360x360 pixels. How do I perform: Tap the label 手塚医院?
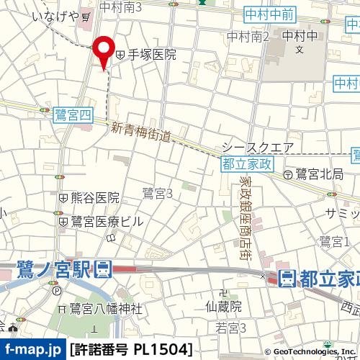point(151,54)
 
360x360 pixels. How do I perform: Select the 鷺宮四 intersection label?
point(72,114)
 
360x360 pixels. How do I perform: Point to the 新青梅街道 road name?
point(142,132)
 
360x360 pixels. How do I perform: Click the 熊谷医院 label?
point(94,197)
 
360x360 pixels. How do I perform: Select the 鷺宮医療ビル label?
point(107,221)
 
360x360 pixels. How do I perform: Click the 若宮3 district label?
point(232,328)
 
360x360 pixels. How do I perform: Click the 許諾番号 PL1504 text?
point(132,350)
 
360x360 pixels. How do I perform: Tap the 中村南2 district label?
point(248,37)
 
